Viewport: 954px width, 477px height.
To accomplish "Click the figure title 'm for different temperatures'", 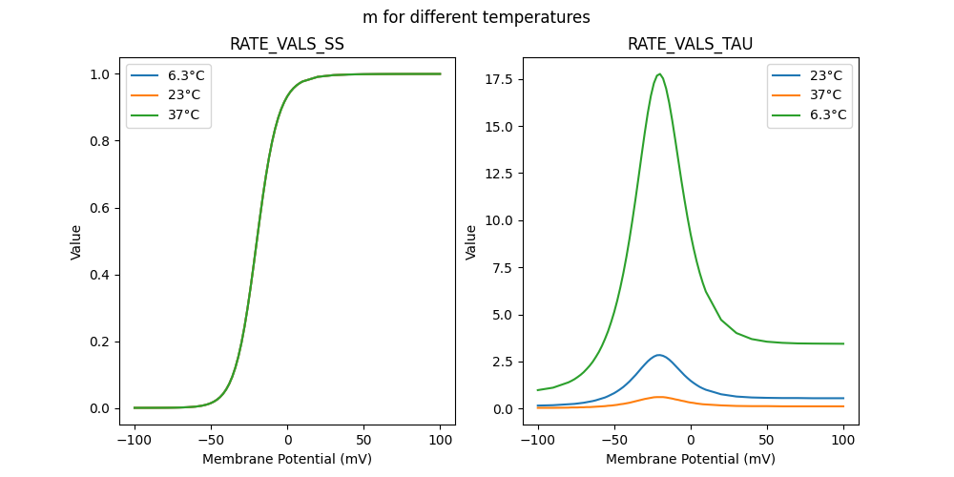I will coord(476,17).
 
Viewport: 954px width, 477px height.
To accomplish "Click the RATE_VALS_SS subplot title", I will coord(287,44).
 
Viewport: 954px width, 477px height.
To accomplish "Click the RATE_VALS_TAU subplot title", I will coord(690,44).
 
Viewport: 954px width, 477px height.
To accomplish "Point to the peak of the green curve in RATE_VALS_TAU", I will coord(659,74).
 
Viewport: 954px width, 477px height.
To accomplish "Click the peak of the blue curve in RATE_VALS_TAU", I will coord(658,355).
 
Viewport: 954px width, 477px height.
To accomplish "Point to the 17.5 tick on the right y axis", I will coord(499,79).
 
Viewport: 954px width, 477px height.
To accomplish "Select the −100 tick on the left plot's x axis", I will coord(135,442).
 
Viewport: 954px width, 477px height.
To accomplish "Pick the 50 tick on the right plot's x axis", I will coord(767,442).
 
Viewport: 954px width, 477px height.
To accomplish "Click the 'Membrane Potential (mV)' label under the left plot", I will coord(287,459).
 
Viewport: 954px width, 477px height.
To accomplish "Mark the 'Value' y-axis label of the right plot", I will coord(471,242).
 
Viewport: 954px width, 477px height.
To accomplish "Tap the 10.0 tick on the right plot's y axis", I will coord(499,220).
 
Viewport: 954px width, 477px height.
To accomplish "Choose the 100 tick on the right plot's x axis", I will coord(843,442).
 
